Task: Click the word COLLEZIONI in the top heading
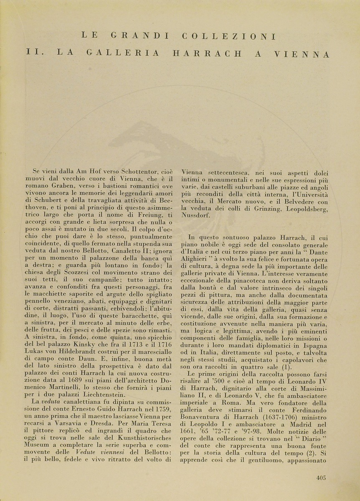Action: click(x=229, y=37)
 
